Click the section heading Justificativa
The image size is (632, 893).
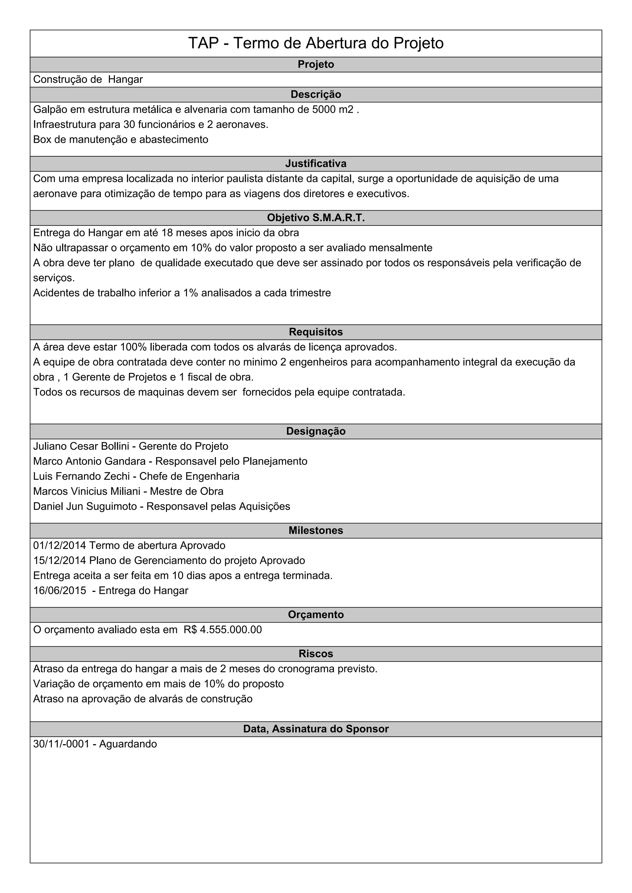[x=316, y=164]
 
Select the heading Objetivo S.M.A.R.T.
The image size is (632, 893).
[x=316, y=218]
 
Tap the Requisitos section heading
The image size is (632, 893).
[x=316, y=332]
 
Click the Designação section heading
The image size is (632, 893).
[x=316, y=431]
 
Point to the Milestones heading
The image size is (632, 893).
[x=316, y=530]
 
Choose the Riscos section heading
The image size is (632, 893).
[x=316, y=653]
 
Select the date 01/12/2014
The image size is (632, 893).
[x=60, y=546]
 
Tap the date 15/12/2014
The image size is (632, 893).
[x=60, y=561]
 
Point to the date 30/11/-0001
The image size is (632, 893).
[x=61, y=744]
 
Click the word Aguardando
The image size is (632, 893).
[x=128, y=744]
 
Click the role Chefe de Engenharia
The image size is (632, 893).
[x=189, y=476]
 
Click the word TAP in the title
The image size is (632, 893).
[x=204, y=43]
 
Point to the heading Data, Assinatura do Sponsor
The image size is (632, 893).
[x=316, y=729]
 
